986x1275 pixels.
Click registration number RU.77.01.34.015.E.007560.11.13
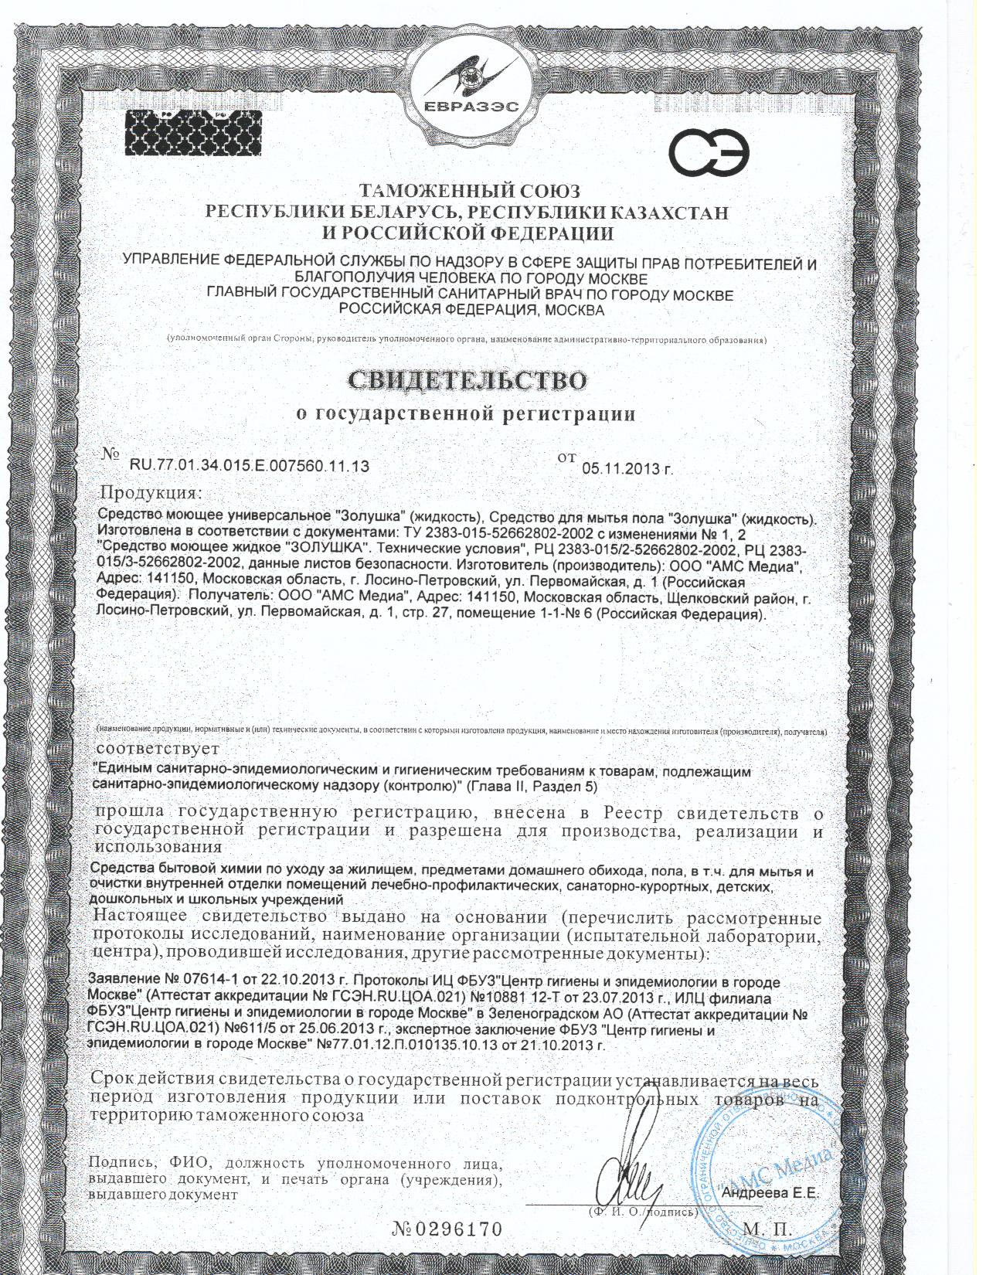[249, 466]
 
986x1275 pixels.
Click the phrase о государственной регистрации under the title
[467, 415]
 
